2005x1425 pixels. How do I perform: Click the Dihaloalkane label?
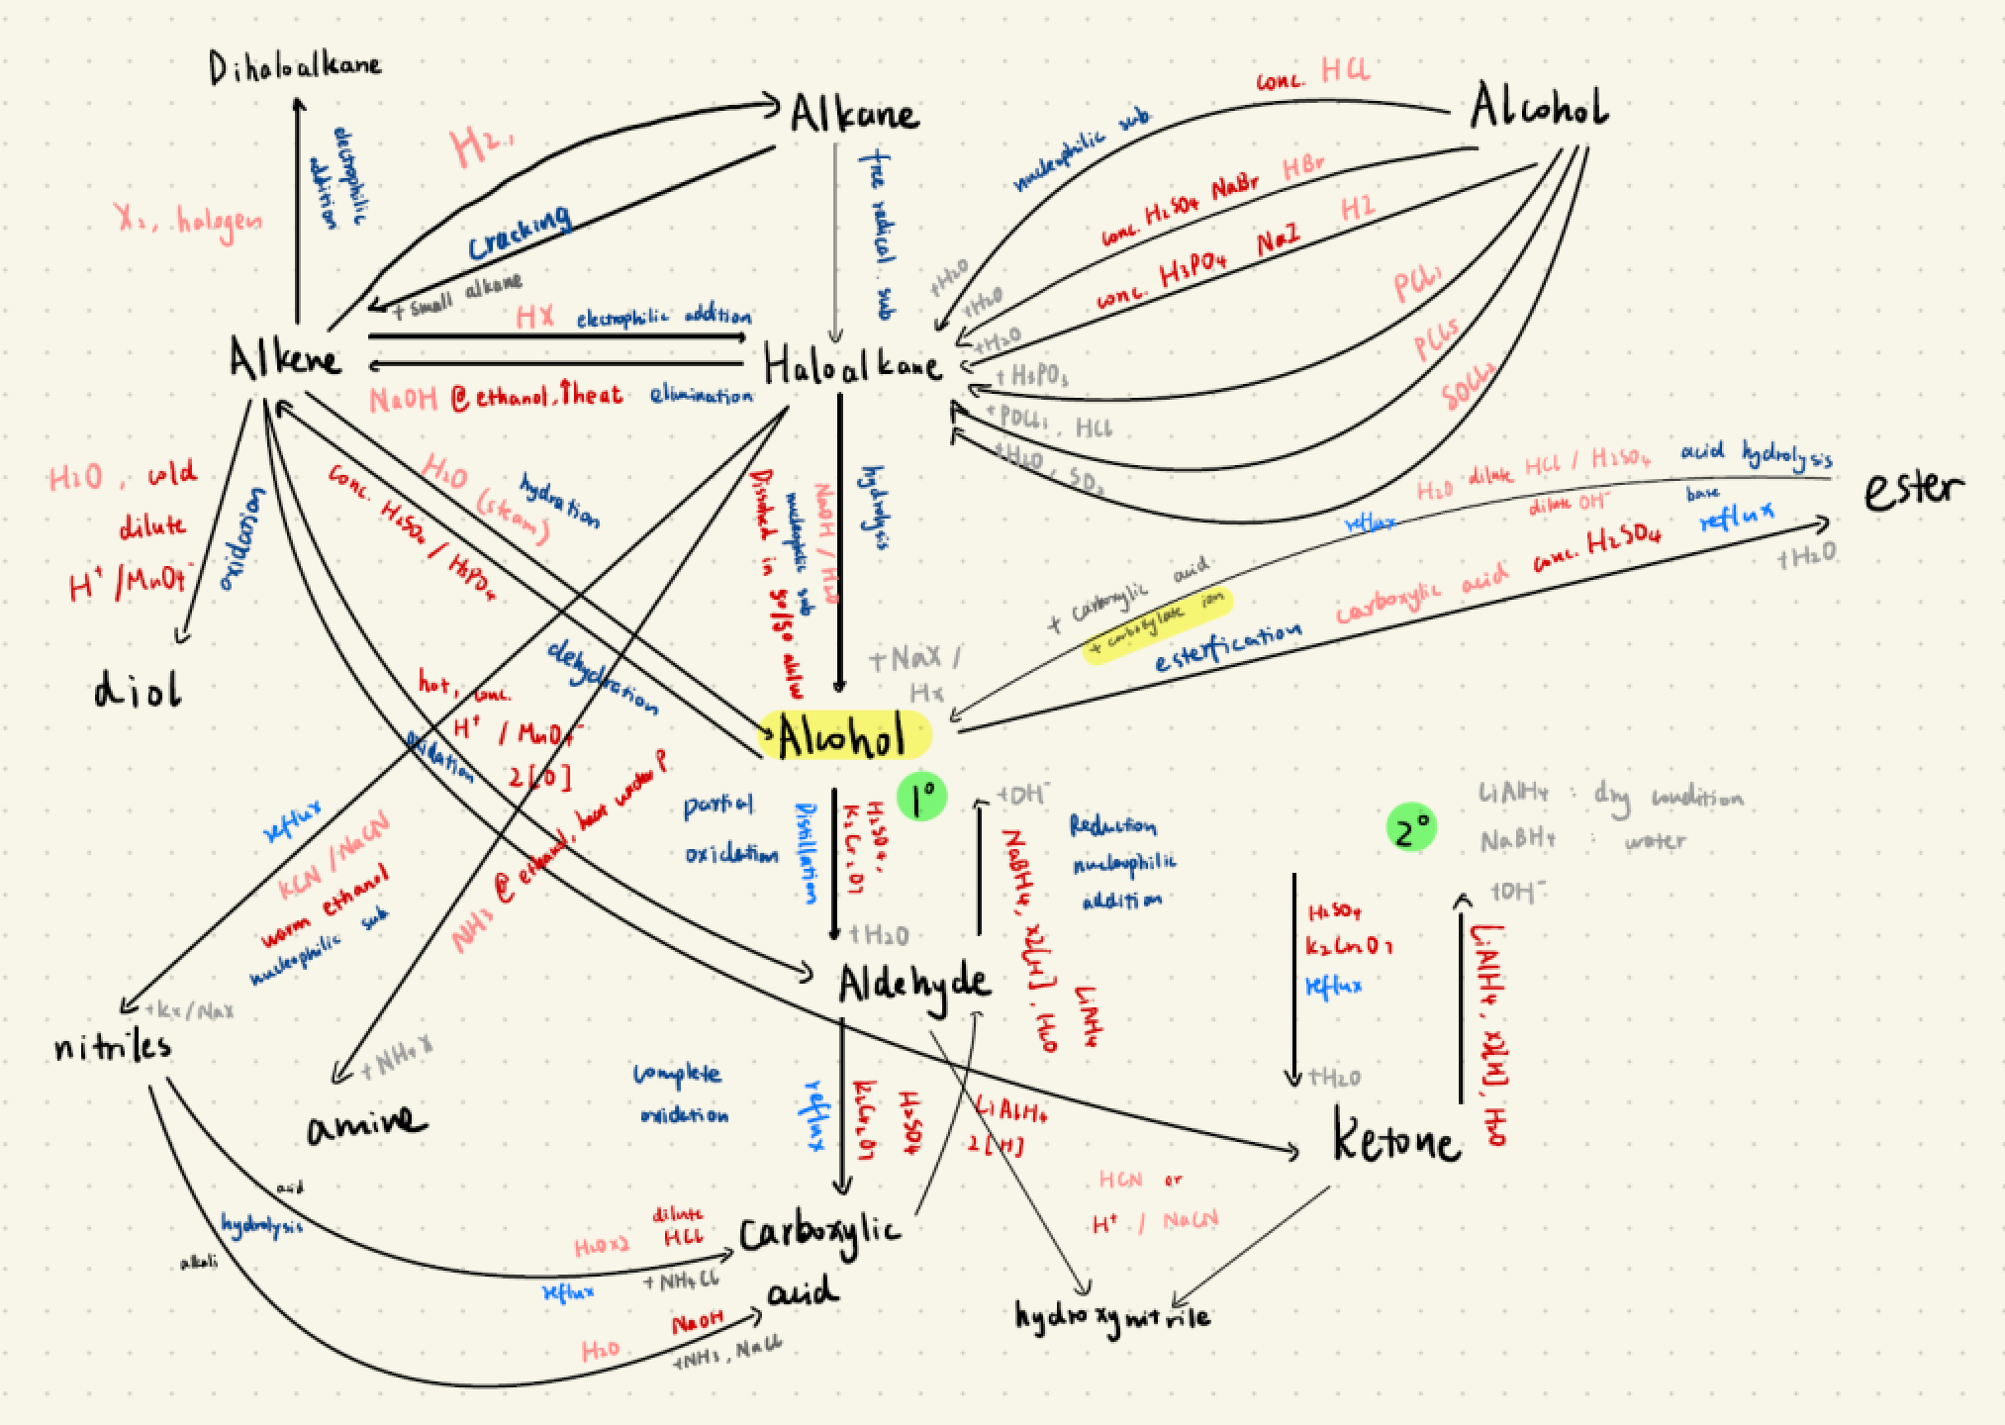[x=294, y=68]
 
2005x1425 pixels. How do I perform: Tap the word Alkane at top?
[x=853, y=113]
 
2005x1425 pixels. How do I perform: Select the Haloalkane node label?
[x=851, y=367]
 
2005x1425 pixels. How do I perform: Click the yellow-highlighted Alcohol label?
[x=842, y=736]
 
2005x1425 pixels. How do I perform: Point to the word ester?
[x=1913, y=489]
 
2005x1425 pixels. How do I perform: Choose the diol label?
[x=139, y=691]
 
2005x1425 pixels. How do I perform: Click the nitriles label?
[x=113, y=1046]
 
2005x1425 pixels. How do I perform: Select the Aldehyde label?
[x=912, y=983]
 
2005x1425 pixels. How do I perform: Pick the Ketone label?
[x=1396, y=1140]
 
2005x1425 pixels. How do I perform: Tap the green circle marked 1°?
[x=922, y=797]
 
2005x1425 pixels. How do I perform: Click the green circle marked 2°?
[x=1411, y=829]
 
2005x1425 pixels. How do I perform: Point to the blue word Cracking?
[x=520, y=234]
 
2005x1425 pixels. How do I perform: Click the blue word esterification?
[x=1227, y=646]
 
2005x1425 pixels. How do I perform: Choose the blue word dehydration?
[x=602, y=676]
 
